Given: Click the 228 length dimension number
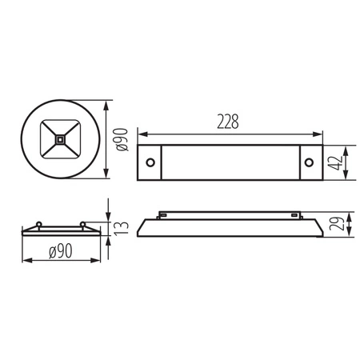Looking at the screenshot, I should [x=227, y=122].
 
